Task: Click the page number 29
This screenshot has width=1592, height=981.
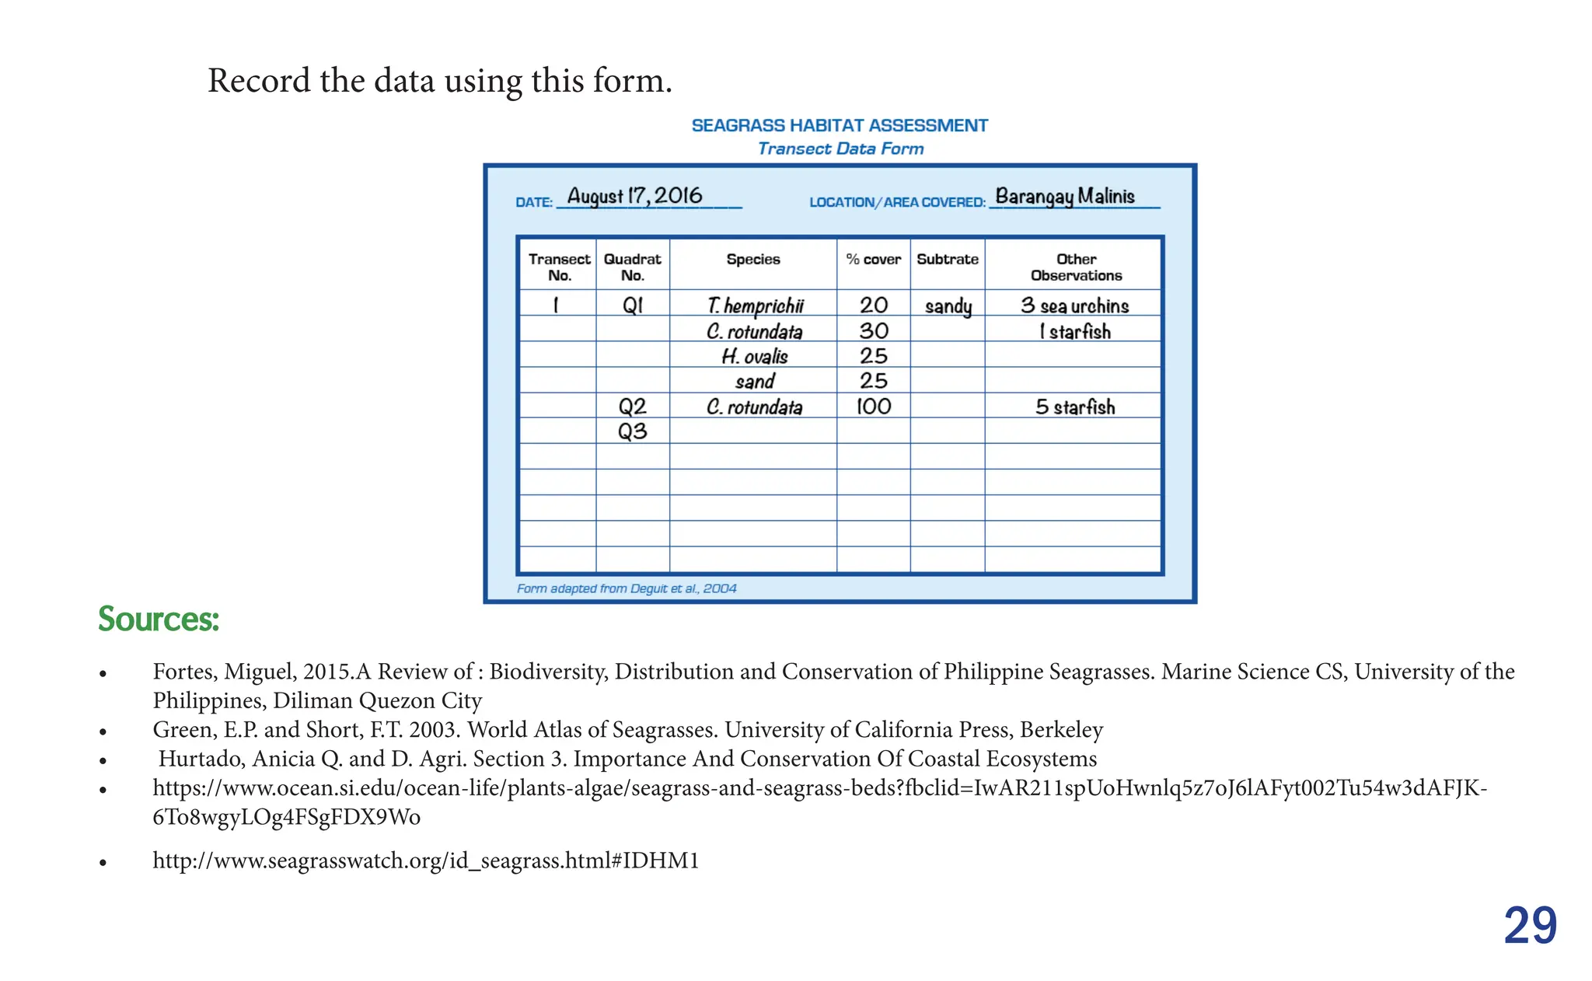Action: tap(1530, 925)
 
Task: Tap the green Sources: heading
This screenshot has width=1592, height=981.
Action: tap(159, 620)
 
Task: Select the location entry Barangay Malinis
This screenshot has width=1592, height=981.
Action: tap(1065, 196)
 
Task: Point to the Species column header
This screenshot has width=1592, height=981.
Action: tap(752, 260)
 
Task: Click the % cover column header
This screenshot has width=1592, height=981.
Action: tap(873, 260)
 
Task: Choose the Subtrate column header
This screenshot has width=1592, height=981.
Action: tap(947, 260)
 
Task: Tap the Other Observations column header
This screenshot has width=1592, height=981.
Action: tap(1076, 267)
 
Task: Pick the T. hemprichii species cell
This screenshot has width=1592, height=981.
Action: tap(755, 305)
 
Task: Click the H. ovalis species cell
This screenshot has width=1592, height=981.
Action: tap(754, 356)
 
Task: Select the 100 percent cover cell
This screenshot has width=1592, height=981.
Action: tap(873, 407)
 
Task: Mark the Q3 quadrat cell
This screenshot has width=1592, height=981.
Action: tap(632, 431)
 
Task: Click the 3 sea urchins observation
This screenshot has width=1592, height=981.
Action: tap(1074, 305)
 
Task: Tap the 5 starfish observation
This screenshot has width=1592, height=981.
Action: tap(1074, 407)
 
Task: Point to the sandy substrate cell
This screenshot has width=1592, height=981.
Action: tap(948, 306)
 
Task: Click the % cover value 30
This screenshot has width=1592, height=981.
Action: tap(873, 331)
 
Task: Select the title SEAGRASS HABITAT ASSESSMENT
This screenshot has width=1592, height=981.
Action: tap(840, 126)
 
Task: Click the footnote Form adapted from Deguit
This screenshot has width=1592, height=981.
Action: tap(627, 588)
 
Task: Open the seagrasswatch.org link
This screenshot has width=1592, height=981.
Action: tap(426, 861)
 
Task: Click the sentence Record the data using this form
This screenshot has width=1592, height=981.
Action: tap(439, 81)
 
